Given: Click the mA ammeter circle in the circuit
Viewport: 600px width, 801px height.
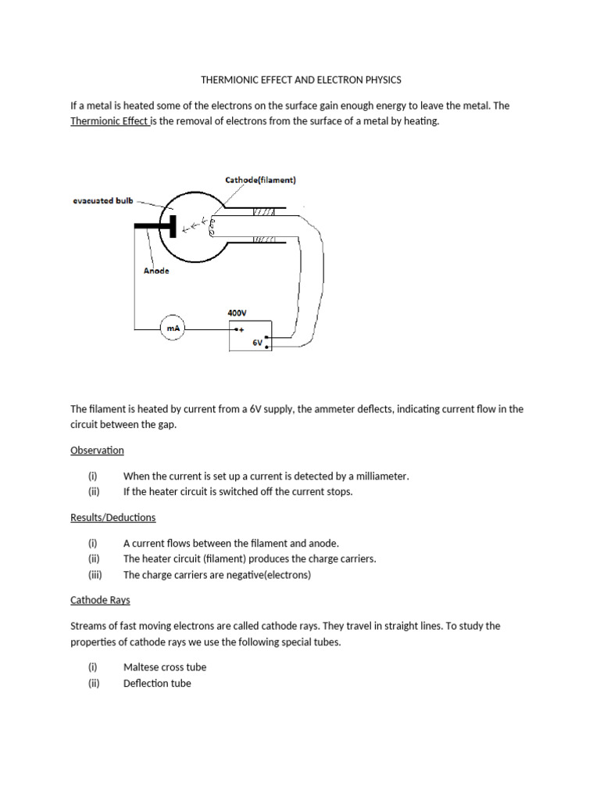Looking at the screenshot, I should [170, 329].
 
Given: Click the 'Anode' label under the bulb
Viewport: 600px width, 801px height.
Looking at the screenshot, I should [156, 271].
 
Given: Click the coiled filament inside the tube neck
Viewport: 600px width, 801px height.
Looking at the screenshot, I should [213, 225].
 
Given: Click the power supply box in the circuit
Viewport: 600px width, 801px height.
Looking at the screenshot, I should [250, 336].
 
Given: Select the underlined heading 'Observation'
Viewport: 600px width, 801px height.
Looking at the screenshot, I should [97, 451].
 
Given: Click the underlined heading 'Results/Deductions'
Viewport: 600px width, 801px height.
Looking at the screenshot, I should [113, 518].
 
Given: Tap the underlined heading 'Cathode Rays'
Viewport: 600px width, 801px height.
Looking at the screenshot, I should [100, 600].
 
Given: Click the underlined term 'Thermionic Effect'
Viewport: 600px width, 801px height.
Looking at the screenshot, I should [109, 121].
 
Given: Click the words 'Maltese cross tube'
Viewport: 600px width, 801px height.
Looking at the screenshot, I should [165, 667].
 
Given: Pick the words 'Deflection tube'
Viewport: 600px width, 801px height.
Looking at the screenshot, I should [157, 683].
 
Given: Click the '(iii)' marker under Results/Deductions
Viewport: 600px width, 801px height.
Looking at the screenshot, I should [94, 575].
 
